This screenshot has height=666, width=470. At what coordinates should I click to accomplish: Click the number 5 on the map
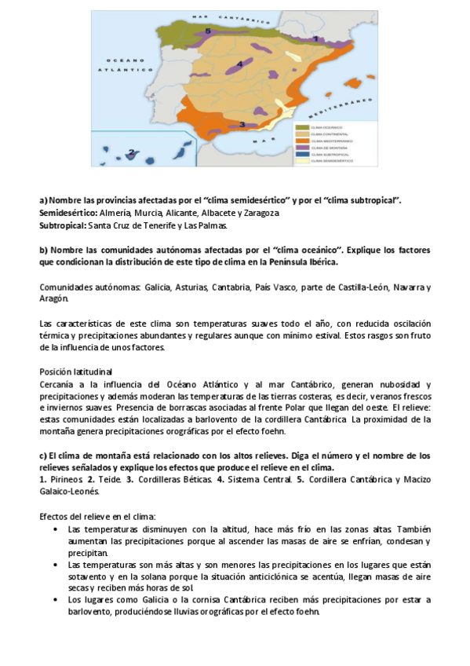[x=208, y=31]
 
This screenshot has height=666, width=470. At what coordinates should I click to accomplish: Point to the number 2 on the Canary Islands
[x=131, y=152]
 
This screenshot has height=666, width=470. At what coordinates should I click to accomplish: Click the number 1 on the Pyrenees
[x=315, y=38]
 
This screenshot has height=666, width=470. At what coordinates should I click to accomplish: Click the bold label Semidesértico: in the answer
[x=67, y=213]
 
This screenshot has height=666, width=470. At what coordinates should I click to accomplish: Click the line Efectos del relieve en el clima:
[x=97, y=516]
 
